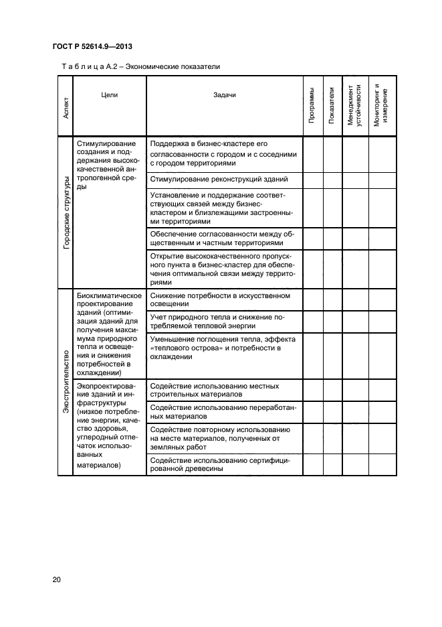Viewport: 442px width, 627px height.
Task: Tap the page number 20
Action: click(x=56, y=578)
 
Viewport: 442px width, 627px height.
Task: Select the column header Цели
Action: click(x=109, y=95)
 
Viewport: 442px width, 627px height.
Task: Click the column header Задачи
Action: click(x=224, y=95)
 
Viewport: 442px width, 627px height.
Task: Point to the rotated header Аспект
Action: click(x=66, y=107)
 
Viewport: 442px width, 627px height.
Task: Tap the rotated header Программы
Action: click(x=312, y=107)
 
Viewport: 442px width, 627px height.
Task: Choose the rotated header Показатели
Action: click(x=332, y=107)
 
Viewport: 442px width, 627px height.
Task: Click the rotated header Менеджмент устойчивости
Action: click(x=355, y=107)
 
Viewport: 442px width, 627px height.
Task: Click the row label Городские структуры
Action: click(x=66, y=212)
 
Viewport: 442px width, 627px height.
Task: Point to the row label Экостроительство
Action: click(x=66, y=381)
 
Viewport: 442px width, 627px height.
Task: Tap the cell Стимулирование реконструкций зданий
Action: click(x=219, y=180)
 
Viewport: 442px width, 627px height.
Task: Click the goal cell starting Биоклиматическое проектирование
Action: click(x=109, y=334)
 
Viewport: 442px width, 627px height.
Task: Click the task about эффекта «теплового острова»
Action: click(x=224, y=348)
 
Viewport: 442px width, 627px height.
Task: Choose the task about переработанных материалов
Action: click(x=224, y=411)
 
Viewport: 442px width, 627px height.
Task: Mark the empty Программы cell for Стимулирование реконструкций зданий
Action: click(x=312, y=180)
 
